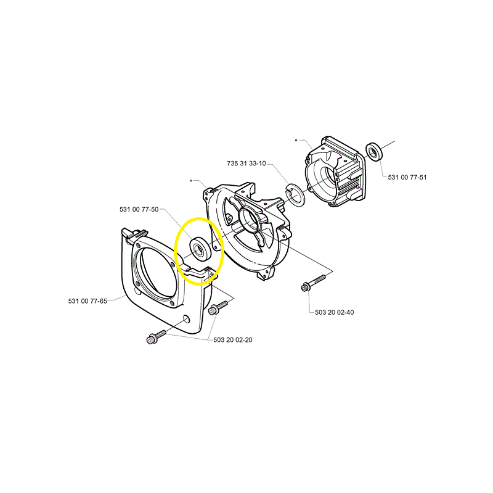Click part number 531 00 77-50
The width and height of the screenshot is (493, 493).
point(139,209)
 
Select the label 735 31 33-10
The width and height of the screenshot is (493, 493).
point(246,164)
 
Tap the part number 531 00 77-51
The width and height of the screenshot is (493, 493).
point(407,177)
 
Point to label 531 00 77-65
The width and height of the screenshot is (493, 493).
point(88,301)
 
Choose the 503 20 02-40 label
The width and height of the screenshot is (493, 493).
point(334,312)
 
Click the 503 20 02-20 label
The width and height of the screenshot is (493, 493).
point(233,340)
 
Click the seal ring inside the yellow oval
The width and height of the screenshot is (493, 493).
point(198,249)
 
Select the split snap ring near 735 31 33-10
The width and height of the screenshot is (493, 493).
point(295,195)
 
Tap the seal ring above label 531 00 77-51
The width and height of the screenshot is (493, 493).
point(374,152)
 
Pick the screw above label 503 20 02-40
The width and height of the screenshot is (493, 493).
point(313,283)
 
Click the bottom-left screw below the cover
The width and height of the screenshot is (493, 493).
point(156,337)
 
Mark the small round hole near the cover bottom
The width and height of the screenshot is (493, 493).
point(187,319)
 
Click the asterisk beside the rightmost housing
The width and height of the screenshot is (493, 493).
point(296,141)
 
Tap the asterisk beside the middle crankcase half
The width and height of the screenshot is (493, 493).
point(191,181)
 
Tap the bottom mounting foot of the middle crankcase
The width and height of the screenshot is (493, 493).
point(265,274)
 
